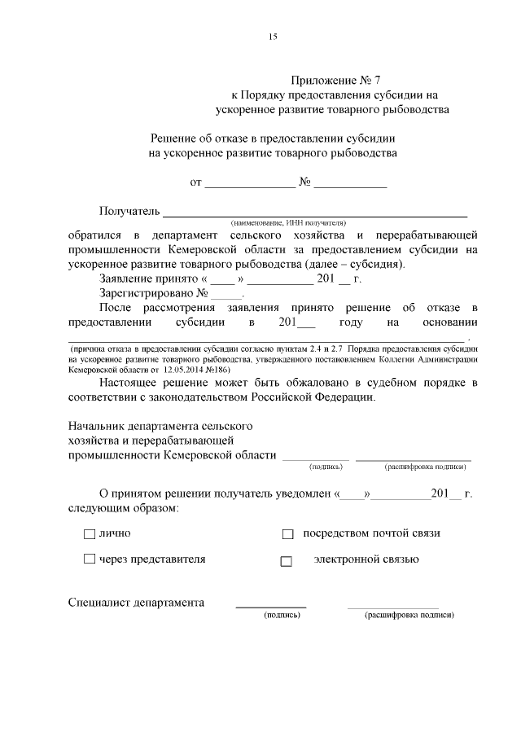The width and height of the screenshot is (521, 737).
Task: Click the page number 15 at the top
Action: point(273,37)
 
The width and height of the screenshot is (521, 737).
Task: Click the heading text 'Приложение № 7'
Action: point(336,80)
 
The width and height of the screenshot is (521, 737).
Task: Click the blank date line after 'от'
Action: point(249,183)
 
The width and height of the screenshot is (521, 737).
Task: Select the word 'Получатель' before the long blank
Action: point(128,212)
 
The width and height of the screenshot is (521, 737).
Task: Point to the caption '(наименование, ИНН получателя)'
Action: point(288,222)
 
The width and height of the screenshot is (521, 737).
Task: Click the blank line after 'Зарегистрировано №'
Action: point(227,294)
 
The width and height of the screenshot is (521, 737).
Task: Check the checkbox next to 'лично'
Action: point(89,534)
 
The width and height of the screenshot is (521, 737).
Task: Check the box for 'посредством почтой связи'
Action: point(287,534)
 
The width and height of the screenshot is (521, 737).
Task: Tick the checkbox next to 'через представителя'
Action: point(89,559)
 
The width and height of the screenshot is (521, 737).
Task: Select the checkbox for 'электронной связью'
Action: point(286,561)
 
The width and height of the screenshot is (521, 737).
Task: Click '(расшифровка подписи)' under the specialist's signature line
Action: point(409,615)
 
